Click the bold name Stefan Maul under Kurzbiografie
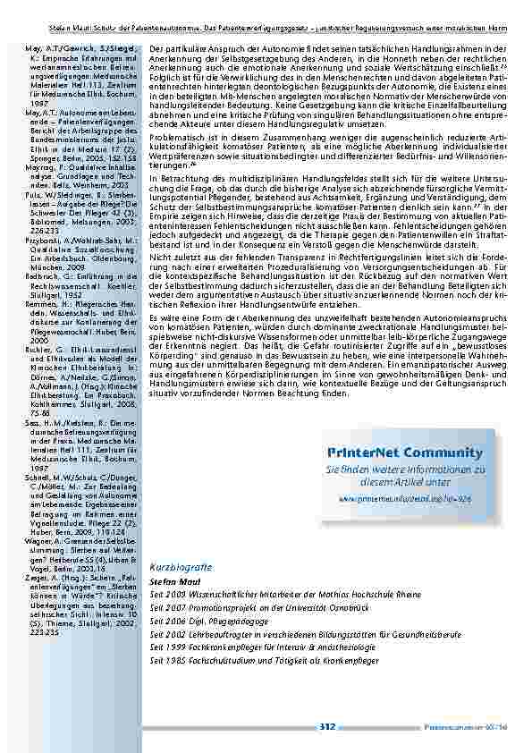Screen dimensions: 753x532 [172, 580]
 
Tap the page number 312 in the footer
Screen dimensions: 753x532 [326, 729]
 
